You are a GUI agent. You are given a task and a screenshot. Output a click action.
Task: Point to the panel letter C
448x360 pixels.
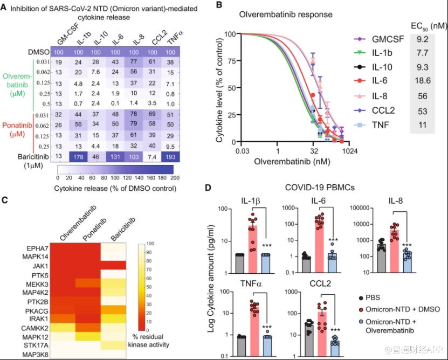click(x=4, y=200)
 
